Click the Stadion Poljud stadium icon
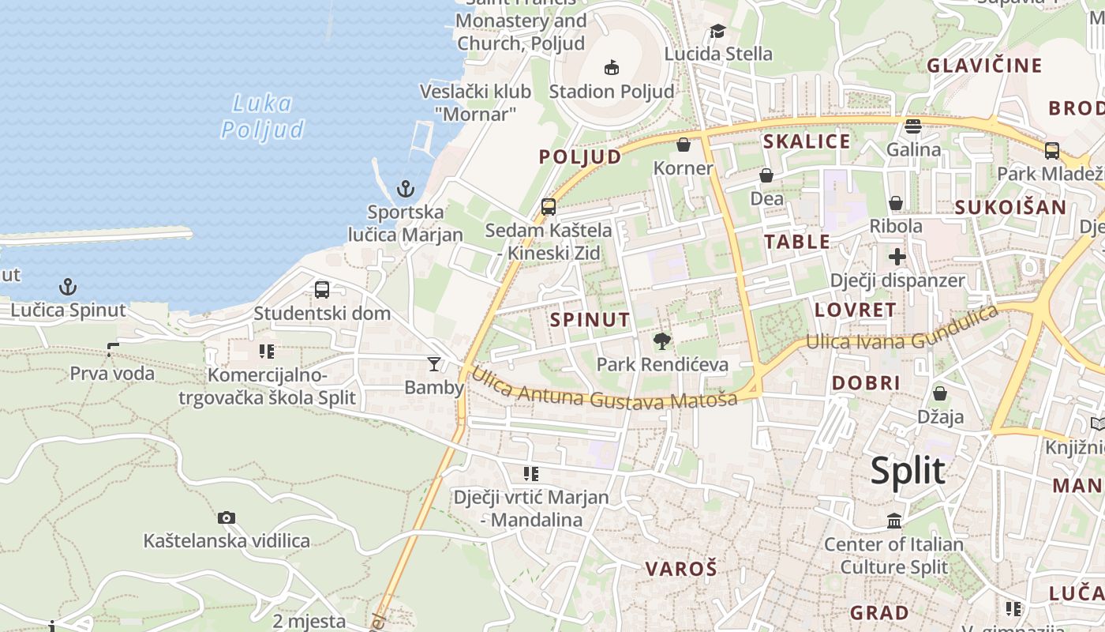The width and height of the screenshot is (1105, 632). point(612,67)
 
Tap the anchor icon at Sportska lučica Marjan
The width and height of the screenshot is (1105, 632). point(405,189)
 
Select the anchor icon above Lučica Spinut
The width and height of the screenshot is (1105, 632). point(68,287)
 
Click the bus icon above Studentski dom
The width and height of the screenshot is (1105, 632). point(322,289)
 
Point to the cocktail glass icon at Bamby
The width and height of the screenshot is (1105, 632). point(433,363)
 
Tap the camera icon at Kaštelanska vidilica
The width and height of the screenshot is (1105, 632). point(227,517)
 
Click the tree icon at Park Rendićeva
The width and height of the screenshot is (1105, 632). point(662,340)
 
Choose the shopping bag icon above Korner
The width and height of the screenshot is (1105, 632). point(684,145)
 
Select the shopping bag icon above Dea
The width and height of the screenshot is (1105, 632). point(766,175)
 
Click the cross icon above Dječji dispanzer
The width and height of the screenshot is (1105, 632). point(897,257)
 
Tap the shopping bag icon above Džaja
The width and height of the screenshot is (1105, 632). point(940,393)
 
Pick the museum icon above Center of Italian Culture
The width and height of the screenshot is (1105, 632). point(894,521)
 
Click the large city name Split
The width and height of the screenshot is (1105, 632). point(908,471)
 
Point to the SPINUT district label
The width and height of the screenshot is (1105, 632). point(590,320)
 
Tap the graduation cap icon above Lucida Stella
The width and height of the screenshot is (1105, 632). point(717,31)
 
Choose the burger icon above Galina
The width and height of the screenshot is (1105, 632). point(913,126)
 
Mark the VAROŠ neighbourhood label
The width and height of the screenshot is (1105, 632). point(681,568)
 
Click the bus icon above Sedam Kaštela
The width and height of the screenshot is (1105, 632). point(549,207)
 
